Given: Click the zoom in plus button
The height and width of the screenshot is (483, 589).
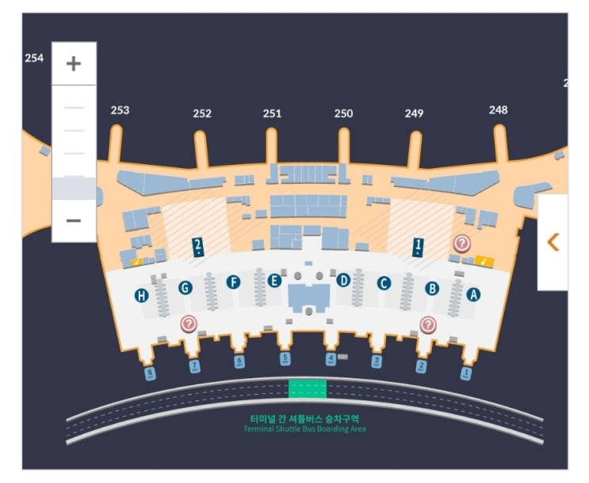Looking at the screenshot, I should [x=74, y=63].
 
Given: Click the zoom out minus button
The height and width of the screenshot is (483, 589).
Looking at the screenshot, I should [x=74, y=219].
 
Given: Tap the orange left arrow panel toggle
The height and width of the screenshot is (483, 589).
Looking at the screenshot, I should [x=553, y=242].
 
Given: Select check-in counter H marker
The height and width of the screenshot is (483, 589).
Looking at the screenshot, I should [x=141, y=296].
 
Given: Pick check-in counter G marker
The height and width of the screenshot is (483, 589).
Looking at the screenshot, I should [x=185, y=288].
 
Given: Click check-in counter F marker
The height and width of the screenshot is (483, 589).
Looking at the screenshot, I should [x=233, y=282].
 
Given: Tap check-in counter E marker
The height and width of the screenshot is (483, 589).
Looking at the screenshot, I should [x=274, y=280].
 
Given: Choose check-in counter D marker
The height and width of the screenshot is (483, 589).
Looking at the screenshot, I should [x=343, y=279].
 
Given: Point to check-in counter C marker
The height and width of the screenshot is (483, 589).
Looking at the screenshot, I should [x=384, y=282].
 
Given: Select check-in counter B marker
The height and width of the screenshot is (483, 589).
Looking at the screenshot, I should [x=432, y=289].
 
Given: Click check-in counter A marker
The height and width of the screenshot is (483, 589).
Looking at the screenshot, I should [x=474, y=294].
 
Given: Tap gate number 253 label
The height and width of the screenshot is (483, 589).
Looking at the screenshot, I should [x=120, y=110].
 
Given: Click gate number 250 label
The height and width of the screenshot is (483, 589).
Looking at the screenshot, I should [x=343, y=113].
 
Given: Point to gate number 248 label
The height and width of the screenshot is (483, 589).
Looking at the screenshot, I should [x=498, y=109].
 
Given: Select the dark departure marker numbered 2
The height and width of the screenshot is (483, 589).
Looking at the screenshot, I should [x=197, y=247].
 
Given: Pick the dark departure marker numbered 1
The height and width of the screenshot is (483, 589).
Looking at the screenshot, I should [x=417, y=247].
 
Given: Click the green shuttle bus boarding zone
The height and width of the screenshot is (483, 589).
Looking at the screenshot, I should [x=307, y=389].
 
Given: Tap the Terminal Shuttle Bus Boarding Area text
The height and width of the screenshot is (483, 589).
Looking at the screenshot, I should [x=305, y=429].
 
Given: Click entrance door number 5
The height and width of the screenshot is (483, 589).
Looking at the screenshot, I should [x=285, y=359].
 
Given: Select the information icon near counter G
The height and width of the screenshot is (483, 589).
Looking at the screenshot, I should [x=189, y=323].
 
